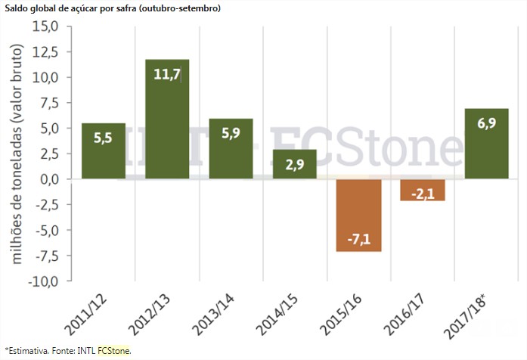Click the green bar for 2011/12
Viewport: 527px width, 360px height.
tap(104, 151)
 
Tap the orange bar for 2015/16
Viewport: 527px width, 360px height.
tap(359, 215)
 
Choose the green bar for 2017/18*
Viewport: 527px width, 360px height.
tap(486, 144)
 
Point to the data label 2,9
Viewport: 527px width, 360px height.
tap(295, 165)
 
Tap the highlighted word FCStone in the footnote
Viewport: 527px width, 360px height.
tap(114, 350)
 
